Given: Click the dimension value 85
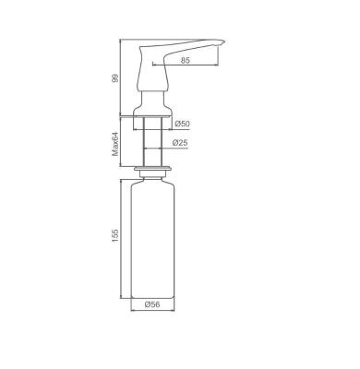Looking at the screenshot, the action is [x=186, y=60].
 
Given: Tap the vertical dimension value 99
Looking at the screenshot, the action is [x=115, y=77].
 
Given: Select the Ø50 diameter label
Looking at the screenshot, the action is [x=182, y=124].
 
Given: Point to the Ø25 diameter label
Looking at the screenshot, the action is [x=180, y=143].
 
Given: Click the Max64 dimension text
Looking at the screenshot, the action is [x=115, y=144].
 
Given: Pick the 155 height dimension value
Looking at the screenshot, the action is [x=115, y=235].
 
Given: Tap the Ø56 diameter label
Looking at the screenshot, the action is [x=152, y=304].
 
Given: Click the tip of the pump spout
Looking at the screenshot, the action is [x=225, y=42].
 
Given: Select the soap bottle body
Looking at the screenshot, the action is [x=152, y=240].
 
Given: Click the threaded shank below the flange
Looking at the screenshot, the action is [x=152, y=142].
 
